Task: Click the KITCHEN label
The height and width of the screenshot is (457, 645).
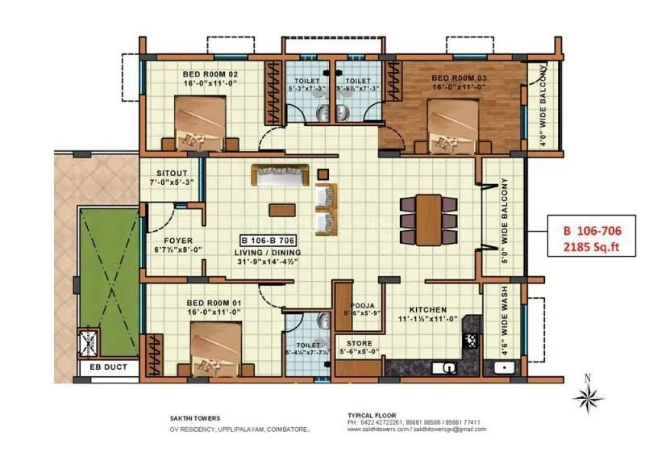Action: tap(428, 309)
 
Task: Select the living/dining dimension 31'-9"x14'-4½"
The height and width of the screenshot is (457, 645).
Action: tap(273, 261)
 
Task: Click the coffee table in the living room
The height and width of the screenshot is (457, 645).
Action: tap(281, 209)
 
